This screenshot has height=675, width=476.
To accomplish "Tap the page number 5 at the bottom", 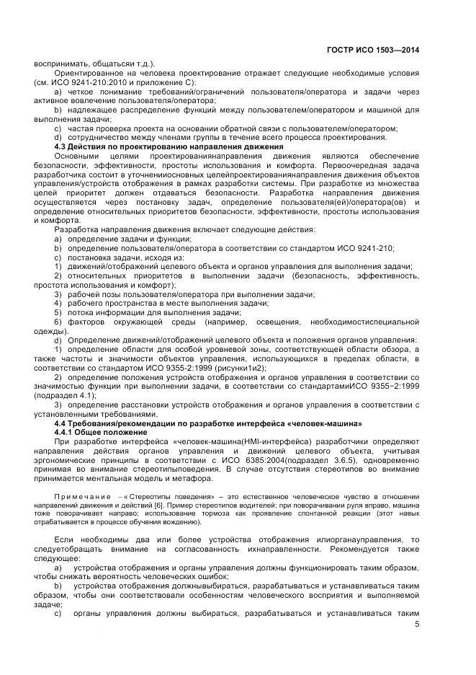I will click(417, 625).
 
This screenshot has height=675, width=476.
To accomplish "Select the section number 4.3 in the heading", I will click(62, 146).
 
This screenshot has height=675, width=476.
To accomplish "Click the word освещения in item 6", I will click(283, 322).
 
